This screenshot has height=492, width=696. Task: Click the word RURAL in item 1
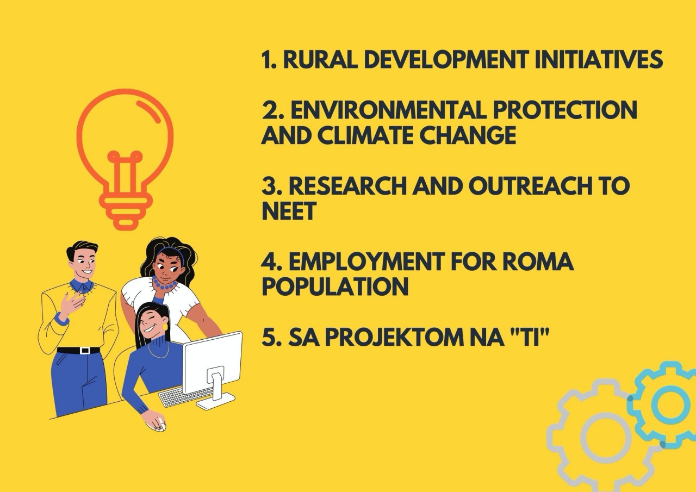pyautogui.click(x=320, y=59)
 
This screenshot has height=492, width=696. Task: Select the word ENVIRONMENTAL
pyautogui.click(x=388, y=110)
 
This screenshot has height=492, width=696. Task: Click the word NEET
pyautogui.click(x=289, y=210)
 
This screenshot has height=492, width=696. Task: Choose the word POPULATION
pyautogui.click(x=335, y=286)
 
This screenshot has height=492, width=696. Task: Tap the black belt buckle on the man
pyautogui.click(x=85, y=350)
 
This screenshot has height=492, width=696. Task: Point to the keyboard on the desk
pyautogui.click(x=185, y=397)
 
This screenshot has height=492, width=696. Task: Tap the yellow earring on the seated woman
pyautogui.click(x=165, y=327)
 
